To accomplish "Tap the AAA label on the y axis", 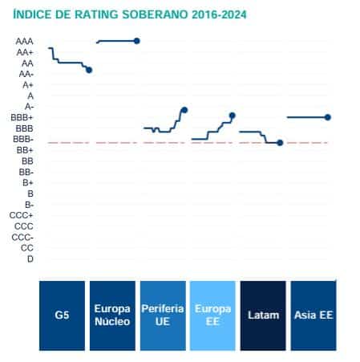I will [x=24, y=41].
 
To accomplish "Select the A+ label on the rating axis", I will [x=27, y=84].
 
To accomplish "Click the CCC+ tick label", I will [x=22, y=215].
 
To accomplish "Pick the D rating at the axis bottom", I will [x=30, y=258].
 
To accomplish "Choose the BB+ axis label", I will [x=24, y=150].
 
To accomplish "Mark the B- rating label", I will [x=29, y=205].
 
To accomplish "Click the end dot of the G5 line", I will [x=89, y=70].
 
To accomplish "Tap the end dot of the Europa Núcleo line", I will [x=136, y=41].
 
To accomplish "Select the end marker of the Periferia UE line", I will [x=184, y=110].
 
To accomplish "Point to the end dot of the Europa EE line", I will [x=233, y=116].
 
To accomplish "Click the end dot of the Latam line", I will [x=280, y=142].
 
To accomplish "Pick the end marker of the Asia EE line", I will [x=328, y=117].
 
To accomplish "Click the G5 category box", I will [x=62, y=315].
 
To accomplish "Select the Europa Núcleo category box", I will [x=111, y=315].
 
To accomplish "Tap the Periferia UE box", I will [x=161, y=315].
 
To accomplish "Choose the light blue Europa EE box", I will [x=212, y=315].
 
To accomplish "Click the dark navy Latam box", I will [x=262, y=315].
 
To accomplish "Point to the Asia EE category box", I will [x=312, y=315].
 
